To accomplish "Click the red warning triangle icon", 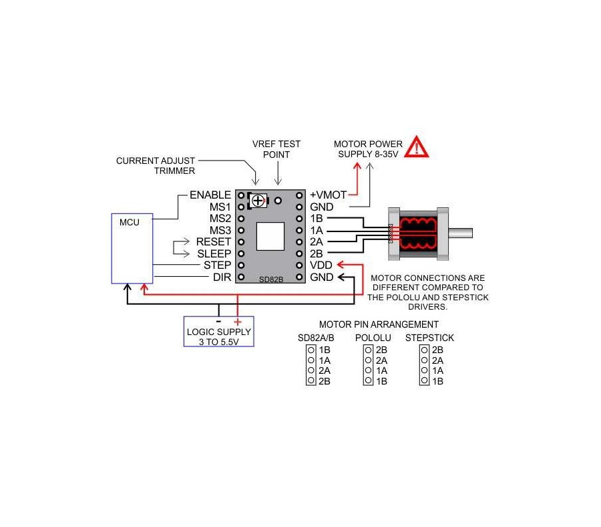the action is pos(417,147).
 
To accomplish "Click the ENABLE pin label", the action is pos(210,195).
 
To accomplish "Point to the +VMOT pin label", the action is pos(329,195).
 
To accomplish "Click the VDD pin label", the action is pos(321,266).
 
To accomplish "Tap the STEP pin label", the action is pos(217,266).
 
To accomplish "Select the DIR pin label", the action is pos(222,277).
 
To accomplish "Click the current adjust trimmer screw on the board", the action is pos(258,201).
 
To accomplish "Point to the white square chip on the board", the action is pos(270,237).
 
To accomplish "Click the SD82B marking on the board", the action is pos(271,280).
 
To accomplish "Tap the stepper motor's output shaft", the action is pos(460,233).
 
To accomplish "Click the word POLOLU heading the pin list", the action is pos(373,338).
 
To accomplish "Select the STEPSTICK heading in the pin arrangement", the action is pos(429,338).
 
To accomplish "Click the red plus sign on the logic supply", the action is pos(238,322).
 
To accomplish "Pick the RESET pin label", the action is pos(214,242).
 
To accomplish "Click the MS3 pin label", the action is pos(220,230).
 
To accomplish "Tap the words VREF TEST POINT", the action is pos(276,149).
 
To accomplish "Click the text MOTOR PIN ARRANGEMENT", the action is pos(379,324).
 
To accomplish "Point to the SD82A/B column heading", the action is pos(316,338).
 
